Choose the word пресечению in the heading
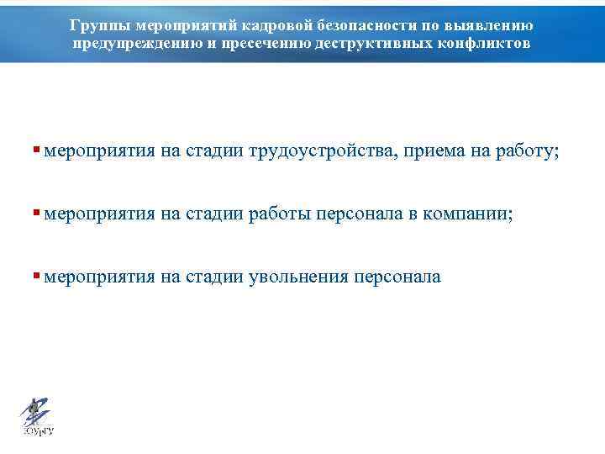265,43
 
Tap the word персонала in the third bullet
397,277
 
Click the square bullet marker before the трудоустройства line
36,150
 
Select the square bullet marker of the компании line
36,214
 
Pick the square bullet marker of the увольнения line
36,276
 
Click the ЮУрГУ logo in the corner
36,415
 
